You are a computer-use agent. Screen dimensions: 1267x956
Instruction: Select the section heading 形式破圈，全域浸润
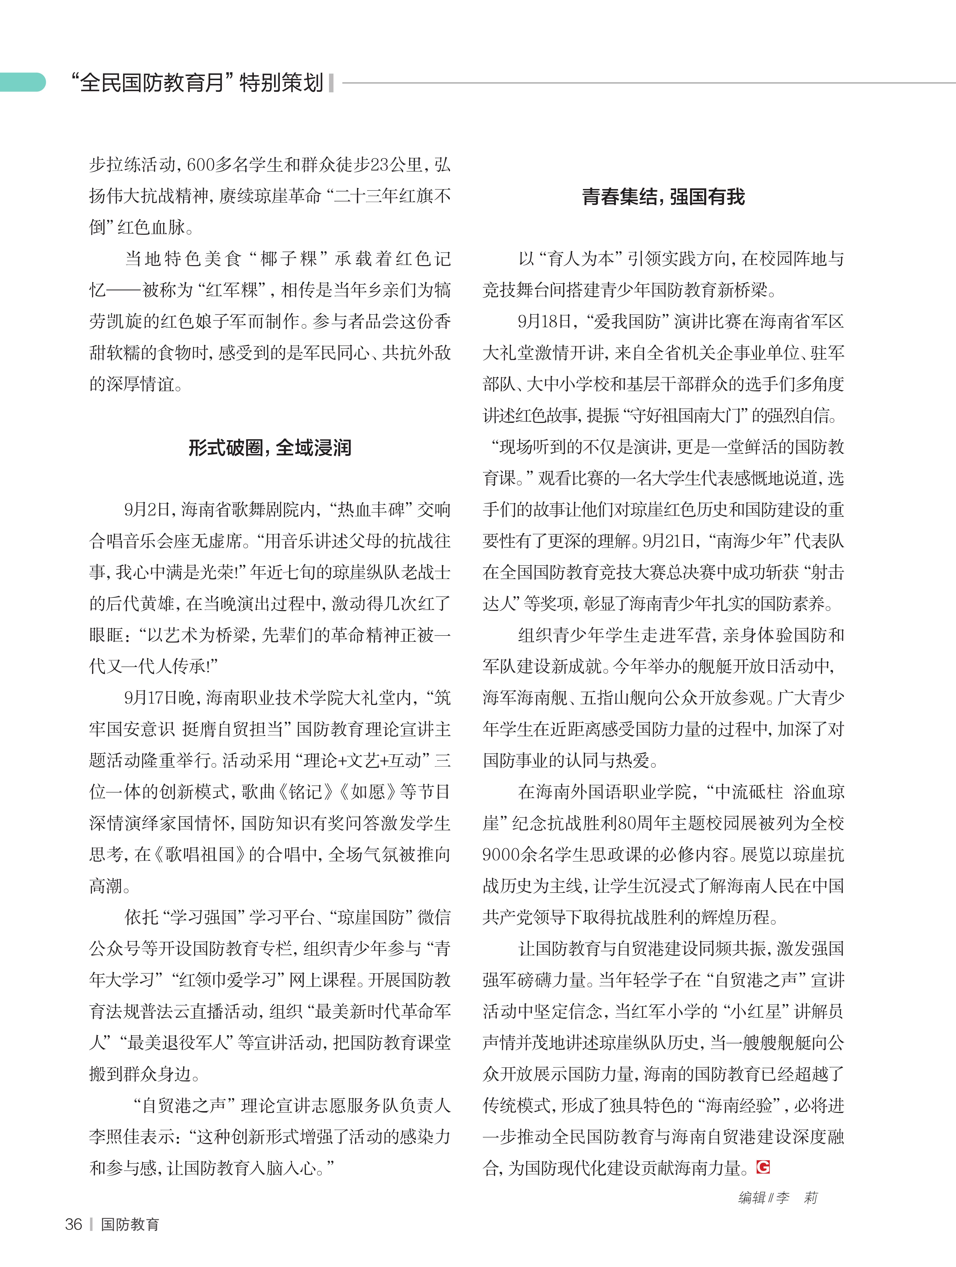270,447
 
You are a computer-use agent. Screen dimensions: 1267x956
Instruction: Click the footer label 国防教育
130,1224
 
